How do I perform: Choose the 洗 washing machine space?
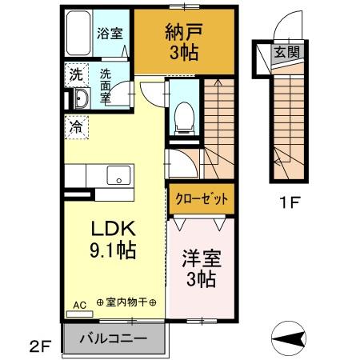pos(76,76)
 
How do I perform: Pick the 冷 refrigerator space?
pos(76,126)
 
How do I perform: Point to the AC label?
pos(79,305)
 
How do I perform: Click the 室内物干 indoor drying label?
pos(126,305)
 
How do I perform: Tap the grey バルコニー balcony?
pos(112,338)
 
